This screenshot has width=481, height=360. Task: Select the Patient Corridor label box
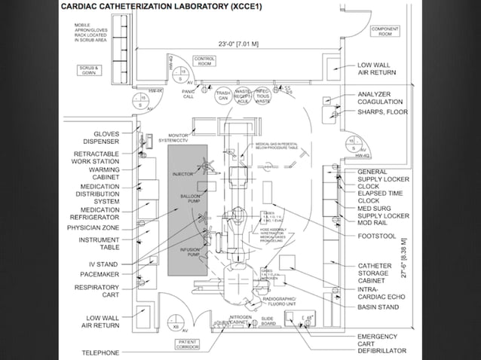188,346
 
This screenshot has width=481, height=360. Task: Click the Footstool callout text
378,236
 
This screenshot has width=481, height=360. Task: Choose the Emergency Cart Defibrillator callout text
382,343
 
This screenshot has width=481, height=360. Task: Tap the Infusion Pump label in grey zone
189,252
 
